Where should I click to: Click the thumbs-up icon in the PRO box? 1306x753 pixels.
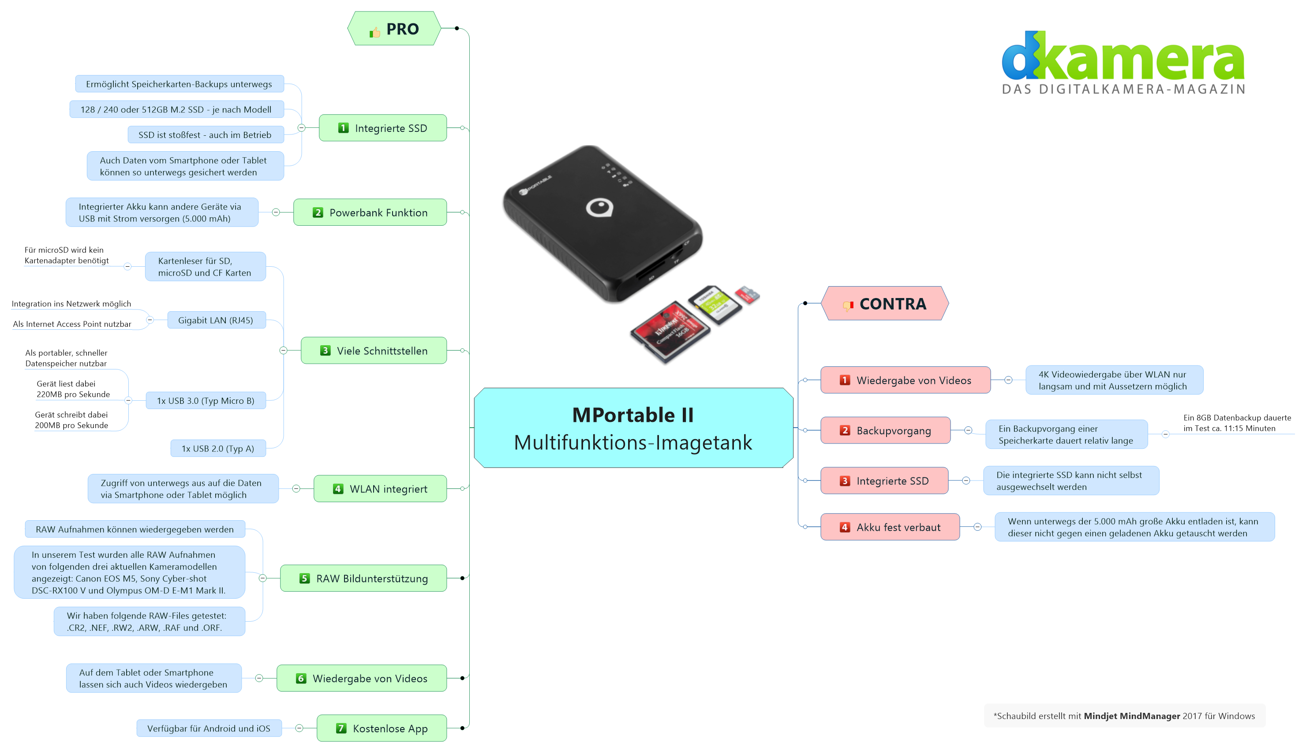(374, 33)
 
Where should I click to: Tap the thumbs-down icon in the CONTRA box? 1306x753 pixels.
(848, 306)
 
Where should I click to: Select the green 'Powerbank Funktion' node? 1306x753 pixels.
(370, 212)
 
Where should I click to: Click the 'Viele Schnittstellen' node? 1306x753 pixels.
(374, 350)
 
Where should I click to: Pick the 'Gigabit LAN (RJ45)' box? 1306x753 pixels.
(216, 320)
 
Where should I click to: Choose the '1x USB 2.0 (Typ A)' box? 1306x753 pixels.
(218, 448)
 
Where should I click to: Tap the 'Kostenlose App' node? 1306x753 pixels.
(382, 728)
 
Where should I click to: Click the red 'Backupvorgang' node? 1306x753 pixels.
(885, 430)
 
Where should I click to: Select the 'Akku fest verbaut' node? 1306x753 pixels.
(890, 527)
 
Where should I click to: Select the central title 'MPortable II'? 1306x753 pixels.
(633, 415)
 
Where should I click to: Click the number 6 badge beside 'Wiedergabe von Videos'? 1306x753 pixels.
(301, 678)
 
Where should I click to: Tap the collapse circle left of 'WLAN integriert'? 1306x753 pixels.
(296, 488)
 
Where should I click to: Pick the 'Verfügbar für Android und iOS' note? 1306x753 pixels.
(209, 728)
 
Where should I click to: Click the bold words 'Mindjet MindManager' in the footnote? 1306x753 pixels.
(1132, 716)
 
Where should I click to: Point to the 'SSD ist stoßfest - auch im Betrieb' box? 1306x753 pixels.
(206, 134)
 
